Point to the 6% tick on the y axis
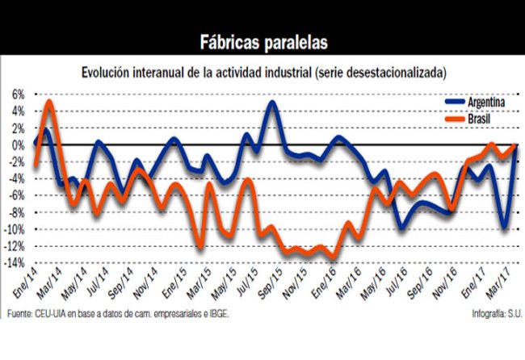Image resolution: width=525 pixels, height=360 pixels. (x=18, y=94)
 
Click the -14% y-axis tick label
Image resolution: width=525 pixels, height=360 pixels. (x=15, y=263)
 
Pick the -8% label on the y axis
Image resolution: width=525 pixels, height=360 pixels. (x=16, y=212)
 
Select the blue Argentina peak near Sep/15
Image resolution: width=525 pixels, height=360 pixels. (x=271, y=103)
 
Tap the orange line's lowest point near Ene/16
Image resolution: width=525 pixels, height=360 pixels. (x=334, y=257)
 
